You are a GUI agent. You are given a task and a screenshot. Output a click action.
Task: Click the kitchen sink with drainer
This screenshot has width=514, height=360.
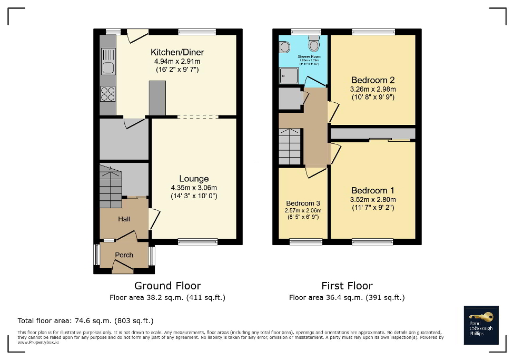(x=108, y=61)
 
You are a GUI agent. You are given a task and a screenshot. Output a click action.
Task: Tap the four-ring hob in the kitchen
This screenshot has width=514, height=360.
(x=108, y=94)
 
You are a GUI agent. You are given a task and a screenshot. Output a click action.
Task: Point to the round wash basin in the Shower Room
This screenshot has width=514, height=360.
(x=284, y=47)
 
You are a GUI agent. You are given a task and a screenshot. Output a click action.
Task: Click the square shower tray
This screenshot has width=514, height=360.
(x=289, y=76)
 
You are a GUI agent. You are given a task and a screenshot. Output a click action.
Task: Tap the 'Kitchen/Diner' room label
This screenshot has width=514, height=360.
(x=177, y=52)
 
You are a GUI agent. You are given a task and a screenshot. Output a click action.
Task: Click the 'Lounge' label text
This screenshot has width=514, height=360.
(x=194, y=179)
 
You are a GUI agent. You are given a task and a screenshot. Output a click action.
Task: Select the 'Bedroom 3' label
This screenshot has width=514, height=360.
(x=303, y=203)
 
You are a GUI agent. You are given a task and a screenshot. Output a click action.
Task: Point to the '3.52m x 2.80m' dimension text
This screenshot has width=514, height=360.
(x=373, y=200)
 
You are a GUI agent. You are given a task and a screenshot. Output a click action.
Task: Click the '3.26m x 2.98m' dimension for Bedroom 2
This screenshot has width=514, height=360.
(x=373, y=89)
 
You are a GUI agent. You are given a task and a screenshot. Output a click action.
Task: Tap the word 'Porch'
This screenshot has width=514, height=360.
(x=124, y=255)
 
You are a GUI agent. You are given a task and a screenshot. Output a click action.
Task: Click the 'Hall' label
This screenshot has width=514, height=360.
(x=124, y=219)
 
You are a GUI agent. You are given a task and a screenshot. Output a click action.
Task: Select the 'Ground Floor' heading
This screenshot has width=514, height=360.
(x=167, y=286)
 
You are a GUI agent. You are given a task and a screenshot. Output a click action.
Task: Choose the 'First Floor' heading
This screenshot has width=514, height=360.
(x=347, y=286)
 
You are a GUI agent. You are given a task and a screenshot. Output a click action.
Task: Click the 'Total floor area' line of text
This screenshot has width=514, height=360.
(x=86, y=320)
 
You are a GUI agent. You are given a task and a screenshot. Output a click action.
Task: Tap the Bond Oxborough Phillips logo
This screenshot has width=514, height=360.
(x=481, y=325)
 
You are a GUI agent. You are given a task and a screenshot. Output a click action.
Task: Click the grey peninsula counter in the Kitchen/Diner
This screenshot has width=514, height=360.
(x=157, y=98)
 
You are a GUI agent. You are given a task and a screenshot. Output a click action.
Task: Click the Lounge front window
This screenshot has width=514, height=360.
(x=197, y=242)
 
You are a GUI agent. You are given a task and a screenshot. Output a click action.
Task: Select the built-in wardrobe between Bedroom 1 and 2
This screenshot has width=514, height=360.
(x=373, y=133)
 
